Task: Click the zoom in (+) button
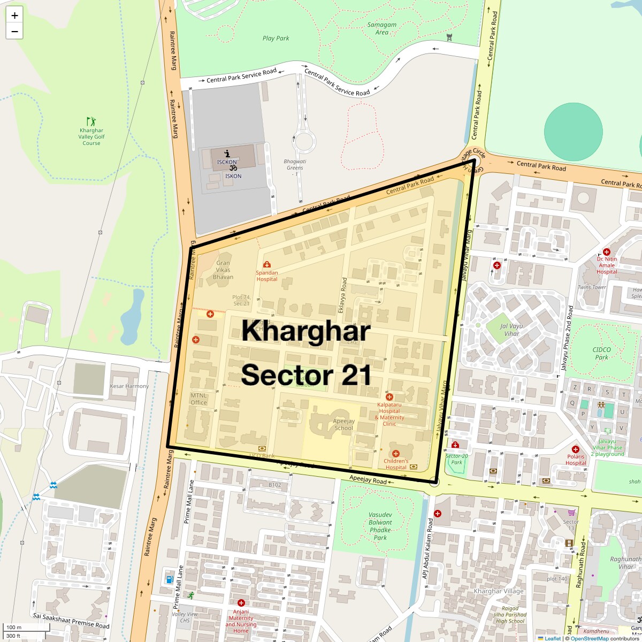pyautogui.click(x=14, y=16)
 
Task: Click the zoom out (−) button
pyautogui.click(x=14, y=31)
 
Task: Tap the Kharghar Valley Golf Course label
pyautogui.click(x=91, y=137)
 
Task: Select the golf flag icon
pyautogui.click(x=91, y=121)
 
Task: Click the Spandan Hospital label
pyautogui.click(x=266, y=276)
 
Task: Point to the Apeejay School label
pyautogui.click(x=343, y=425)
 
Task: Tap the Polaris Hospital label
pyautogui.click(x=576, y=460)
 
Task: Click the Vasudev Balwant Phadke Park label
pyautogui.click(x=380, y=526)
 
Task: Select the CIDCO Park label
pyautogui.click(x=602, y=353)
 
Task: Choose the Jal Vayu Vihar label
pyautogui.click(x=511, y=330)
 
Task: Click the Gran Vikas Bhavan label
pyautogui.click(x=223, y=270)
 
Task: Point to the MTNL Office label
pyautogui.click(x=198, y=399)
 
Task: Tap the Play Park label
pyautogui.click(x=276, y=38)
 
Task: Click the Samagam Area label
pyautogui.click(x=382, y=28)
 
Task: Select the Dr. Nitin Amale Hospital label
pyautogui.click(x=607, y=265)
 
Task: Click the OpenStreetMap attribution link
pyautogui.click(x=589, y=638)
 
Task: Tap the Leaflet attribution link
pyautogui.click(x=552, y=638)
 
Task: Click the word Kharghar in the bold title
pyautogui.click(x=305, y=331)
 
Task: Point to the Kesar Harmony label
pyautogui.click(x=129, y=386)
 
